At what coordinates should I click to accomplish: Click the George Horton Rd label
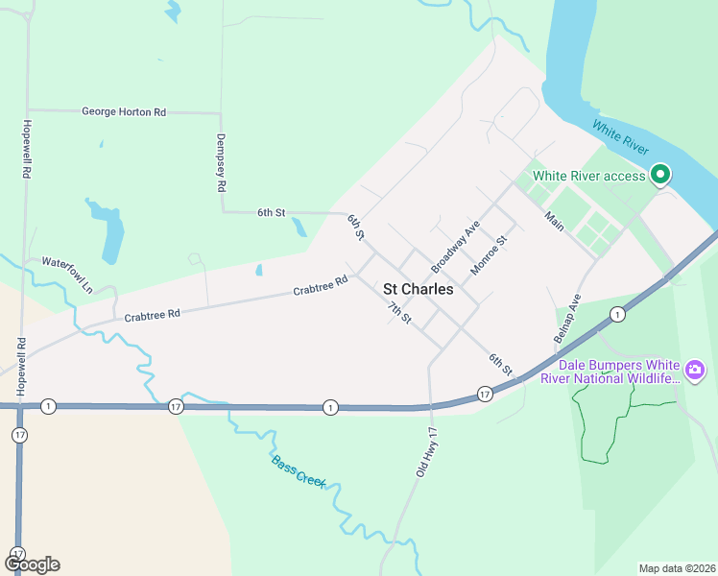[x=124, y=112]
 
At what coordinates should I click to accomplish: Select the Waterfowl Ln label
[x=67, y=274]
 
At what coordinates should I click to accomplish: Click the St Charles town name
[x=419, y=288]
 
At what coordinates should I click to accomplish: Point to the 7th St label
[x=399, y=312]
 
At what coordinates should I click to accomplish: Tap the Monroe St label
[x=488, y=255]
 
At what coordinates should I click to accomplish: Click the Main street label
[x=555, y=221]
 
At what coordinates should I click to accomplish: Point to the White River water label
[x=620, y=140]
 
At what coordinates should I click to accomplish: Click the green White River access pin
[x=659, y=175]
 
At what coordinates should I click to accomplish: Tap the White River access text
[x=589, y=176]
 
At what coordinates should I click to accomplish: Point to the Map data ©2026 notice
[x=677, y=568]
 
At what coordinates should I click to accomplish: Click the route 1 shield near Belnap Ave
[x=617, y=314]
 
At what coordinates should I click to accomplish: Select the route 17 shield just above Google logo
[x=17, y=554]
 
